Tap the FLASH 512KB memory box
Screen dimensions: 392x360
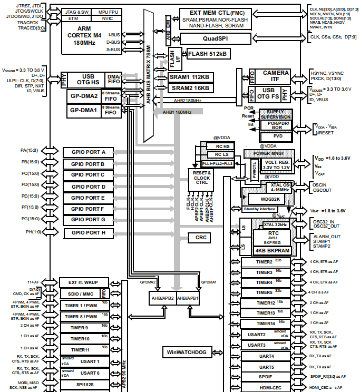coord(207,53)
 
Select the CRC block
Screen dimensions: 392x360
coord(201,238)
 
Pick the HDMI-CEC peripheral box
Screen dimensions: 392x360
coord(267,388)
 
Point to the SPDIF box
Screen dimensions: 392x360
coord(267,377)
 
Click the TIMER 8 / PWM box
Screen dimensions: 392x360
coord(81,316)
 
